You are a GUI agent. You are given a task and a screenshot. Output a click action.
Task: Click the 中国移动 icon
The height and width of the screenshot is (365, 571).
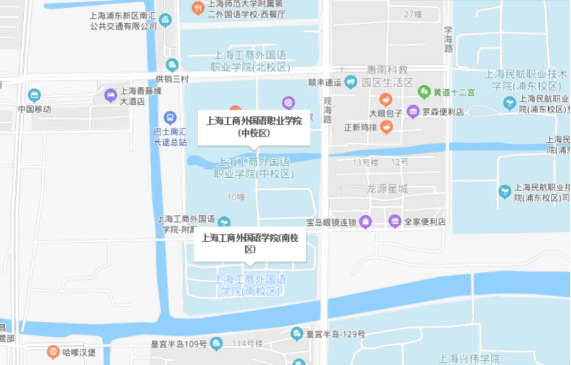34,96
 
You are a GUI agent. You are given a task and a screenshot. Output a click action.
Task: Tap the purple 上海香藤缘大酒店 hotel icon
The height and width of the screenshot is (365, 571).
110,95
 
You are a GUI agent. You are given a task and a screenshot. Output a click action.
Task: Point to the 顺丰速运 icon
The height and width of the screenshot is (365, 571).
351,82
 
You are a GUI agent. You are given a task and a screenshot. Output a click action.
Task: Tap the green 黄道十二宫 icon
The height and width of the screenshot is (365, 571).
424,92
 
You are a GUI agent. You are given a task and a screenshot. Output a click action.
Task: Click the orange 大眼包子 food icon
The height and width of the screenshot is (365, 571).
386,99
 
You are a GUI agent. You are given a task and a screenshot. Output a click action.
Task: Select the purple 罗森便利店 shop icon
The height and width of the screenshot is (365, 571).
413,112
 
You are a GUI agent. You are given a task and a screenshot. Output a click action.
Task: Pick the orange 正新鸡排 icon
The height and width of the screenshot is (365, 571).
386,127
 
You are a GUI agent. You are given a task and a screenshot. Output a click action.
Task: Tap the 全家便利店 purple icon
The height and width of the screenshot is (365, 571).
394,222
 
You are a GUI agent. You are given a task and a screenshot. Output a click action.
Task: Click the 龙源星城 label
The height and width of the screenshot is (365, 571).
388,189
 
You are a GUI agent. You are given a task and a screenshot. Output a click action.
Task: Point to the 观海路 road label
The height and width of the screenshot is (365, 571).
327,109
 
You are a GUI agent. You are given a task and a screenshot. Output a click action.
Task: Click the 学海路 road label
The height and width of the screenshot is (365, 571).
448,39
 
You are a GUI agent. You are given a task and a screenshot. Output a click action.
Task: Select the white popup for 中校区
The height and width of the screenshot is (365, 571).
254,127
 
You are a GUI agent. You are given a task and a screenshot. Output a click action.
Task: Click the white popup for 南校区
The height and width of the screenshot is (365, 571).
250,244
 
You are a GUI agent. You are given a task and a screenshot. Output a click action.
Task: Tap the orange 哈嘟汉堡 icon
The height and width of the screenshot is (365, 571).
52,351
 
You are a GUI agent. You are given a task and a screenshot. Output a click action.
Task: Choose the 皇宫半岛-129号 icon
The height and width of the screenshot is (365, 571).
297,334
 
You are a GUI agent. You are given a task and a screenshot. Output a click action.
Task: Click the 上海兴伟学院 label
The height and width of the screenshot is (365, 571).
469,359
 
